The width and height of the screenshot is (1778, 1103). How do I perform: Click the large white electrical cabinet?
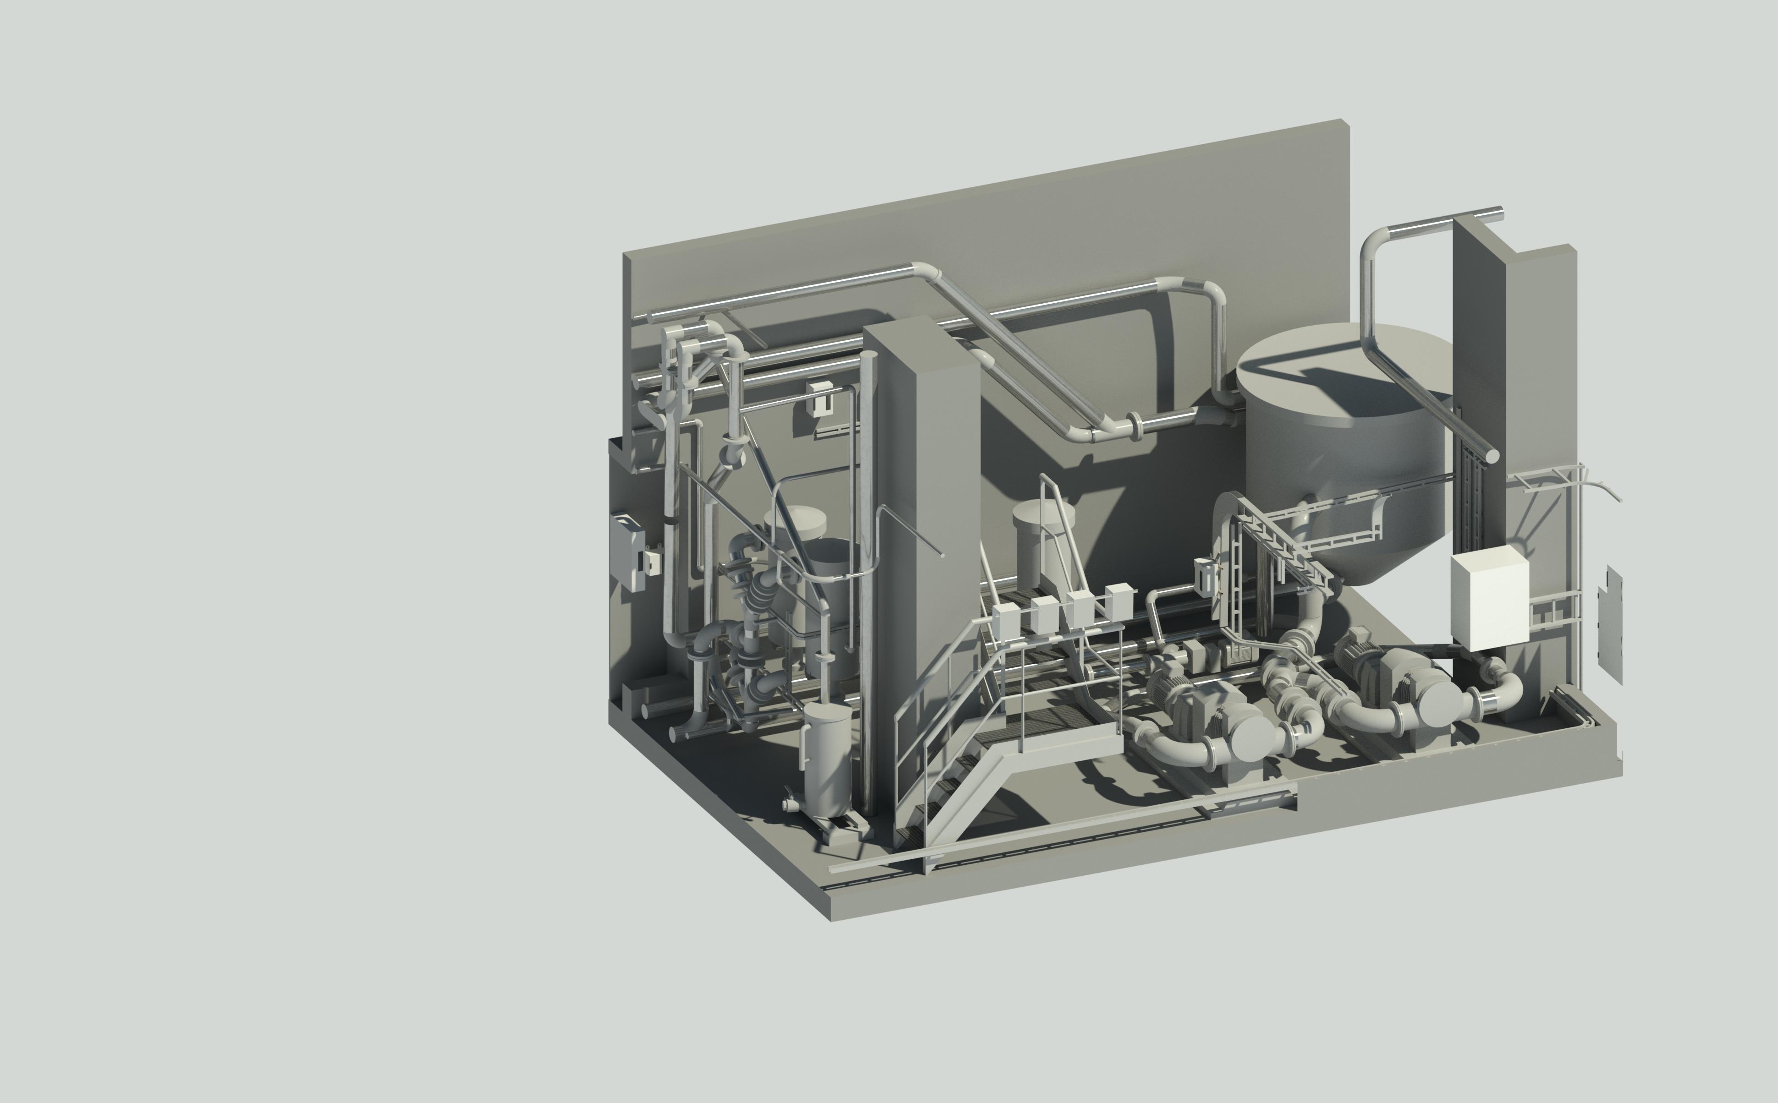point(1488,598)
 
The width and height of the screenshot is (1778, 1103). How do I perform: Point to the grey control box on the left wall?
point(627,551)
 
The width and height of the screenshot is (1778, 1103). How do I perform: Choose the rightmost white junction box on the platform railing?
point(1118,601)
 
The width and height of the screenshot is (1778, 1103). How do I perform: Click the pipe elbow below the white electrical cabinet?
point(1503,689)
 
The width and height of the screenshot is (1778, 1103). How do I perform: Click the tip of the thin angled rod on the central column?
point(943,556)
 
